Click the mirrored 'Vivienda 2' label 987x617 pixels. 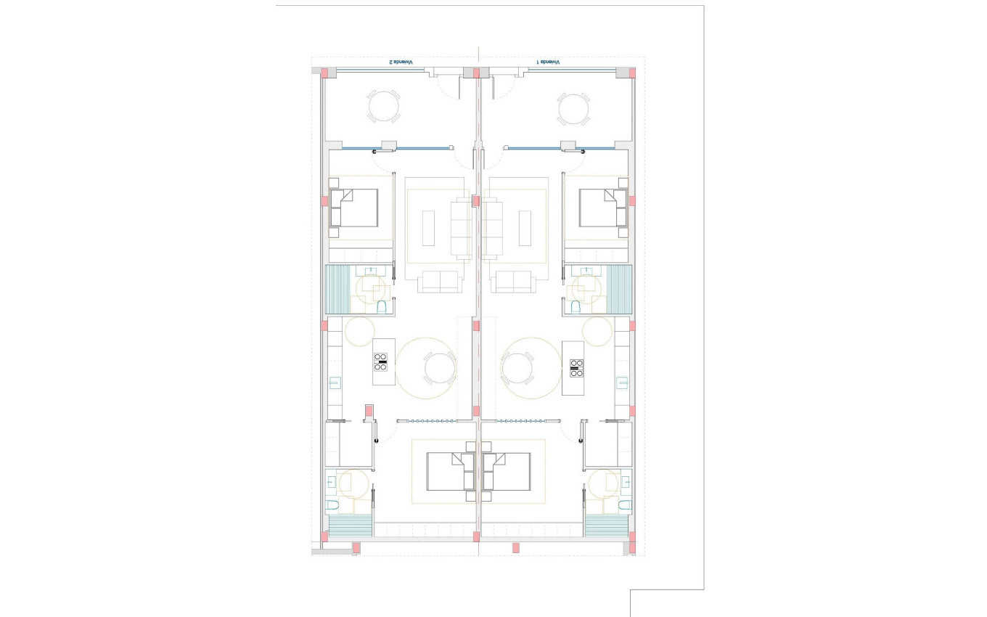[401, 62]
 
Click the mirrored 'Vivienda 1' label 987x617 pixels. [549, 62]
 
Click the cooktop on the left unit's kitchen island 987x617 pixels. [381, 361]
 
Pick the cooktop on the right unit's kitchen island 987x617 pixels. [577, 368]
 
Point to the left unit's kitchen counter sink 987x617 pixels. [335, 383]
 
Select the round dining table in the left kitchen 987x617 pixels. [440, 368]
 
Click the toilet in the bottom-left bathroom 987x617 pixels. [332, 504]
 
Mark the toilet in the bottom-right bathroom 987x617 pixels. [624, 504]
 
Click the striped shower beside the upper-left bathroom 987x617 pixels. [339, 289]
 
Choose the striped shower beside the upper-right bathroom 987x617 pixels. [619, 289]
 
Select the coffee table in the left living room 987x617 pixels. [428, 228]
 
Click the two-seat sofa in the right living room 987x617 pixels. [512, 282]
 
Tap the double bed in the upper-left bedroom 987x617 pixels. [354, 208]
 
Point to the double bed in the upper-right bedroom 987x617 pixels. [603, 208]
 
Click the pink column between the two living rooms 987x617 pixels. [476, 201]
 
